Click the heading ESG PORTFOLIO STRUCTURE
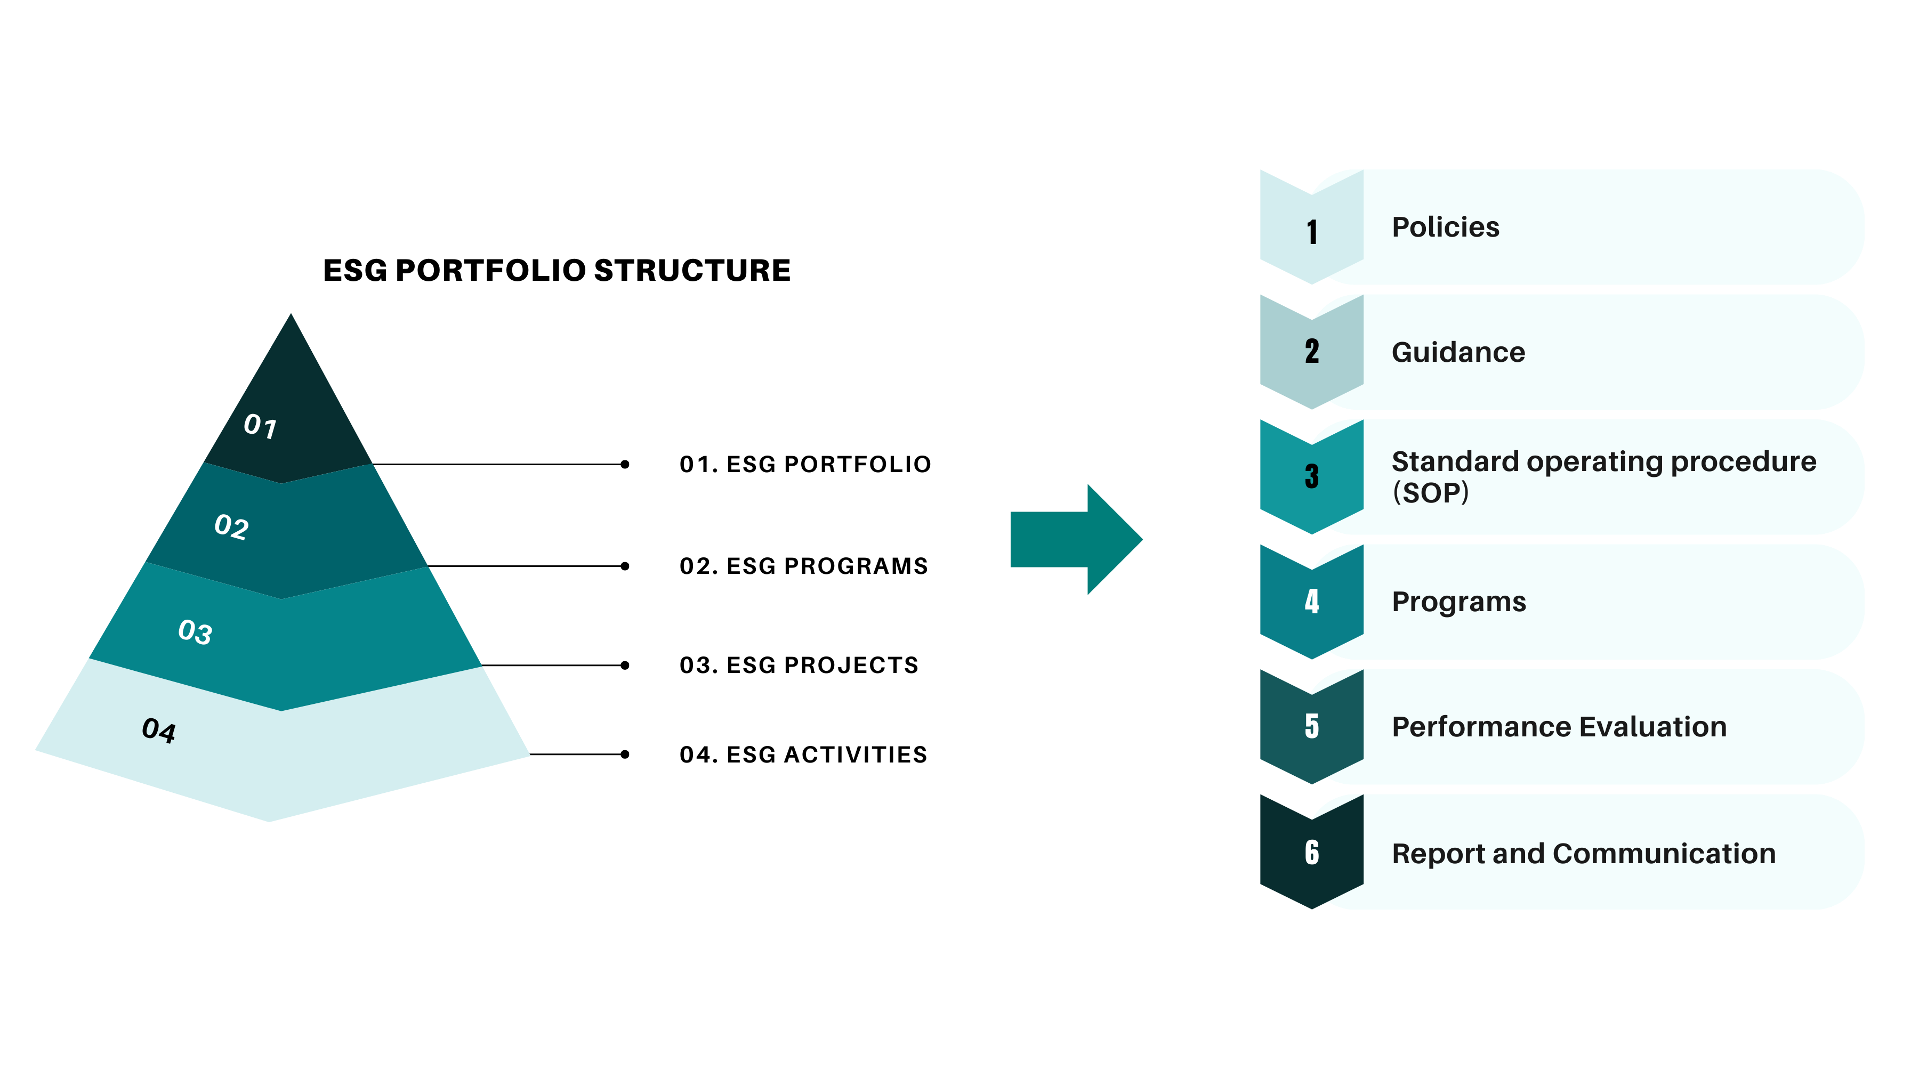point(557,270)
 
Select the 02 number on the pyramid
point(231,526)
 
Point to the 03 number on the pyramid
point(195,631)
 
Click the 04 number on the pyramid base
point(159,731)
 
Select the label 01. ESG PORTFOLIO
point(805,465)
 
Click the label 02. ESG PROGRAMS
point(804,566)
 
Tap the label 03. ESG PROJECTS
point(799,665)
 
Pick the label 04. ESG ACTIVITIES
point(803,755)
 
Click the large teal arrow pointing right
point(1076,539)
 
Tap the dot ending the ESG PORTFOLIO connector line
point(625,465)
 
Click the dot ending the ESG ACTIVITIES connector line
point(625,755)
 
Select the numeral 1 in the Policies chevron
point(1312,232)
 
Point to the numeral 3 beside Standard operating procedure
point(1312,476)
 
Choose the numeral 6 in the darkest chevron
point(1312,852)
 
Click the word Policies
point(1445,227)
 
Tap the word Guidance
point(1458,352)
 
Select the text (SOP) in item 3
point(1430,492)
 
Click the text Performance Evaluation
point(1559,727)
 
